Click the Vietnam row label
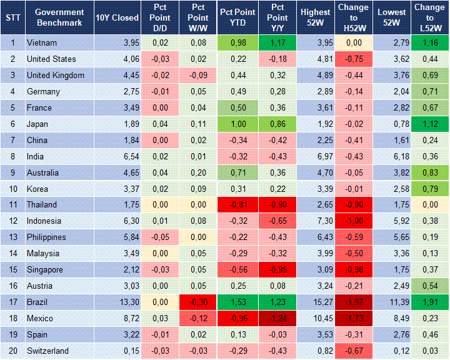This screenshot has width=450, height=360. [41, 43]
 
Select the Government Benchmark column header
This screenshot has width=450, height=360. [59, 17]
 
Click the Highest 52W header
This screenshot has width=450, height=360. [315, 17]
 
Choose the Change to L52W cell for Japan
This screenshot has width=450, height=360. [429, 124]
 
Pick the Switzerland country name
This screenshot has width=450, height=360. [47, 351]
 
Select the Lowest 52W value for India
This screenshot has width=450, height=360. [393, 157]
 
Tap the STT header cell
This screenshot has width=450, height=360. [12, 17]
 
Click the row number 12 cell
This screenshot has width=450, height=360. [12, 221]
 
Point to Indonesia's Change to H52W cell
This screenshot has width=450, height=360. [354, 221]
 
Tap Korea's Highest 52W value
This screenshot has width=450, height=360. [315, 189]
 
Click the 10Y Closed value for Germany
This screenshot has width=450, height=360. [117, 92]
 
